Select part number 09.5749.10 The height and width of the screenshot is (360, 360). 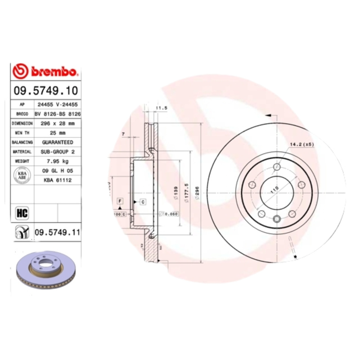[45, 90]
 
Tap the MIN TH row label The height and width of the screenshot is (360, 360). [22, 133]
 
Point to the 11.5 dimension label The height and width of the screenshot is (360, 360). [161, 108]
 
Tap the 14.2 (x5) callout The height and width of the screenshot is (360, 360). [301, 144]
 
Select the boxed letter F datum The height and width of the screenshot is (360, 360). [120, 201]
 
